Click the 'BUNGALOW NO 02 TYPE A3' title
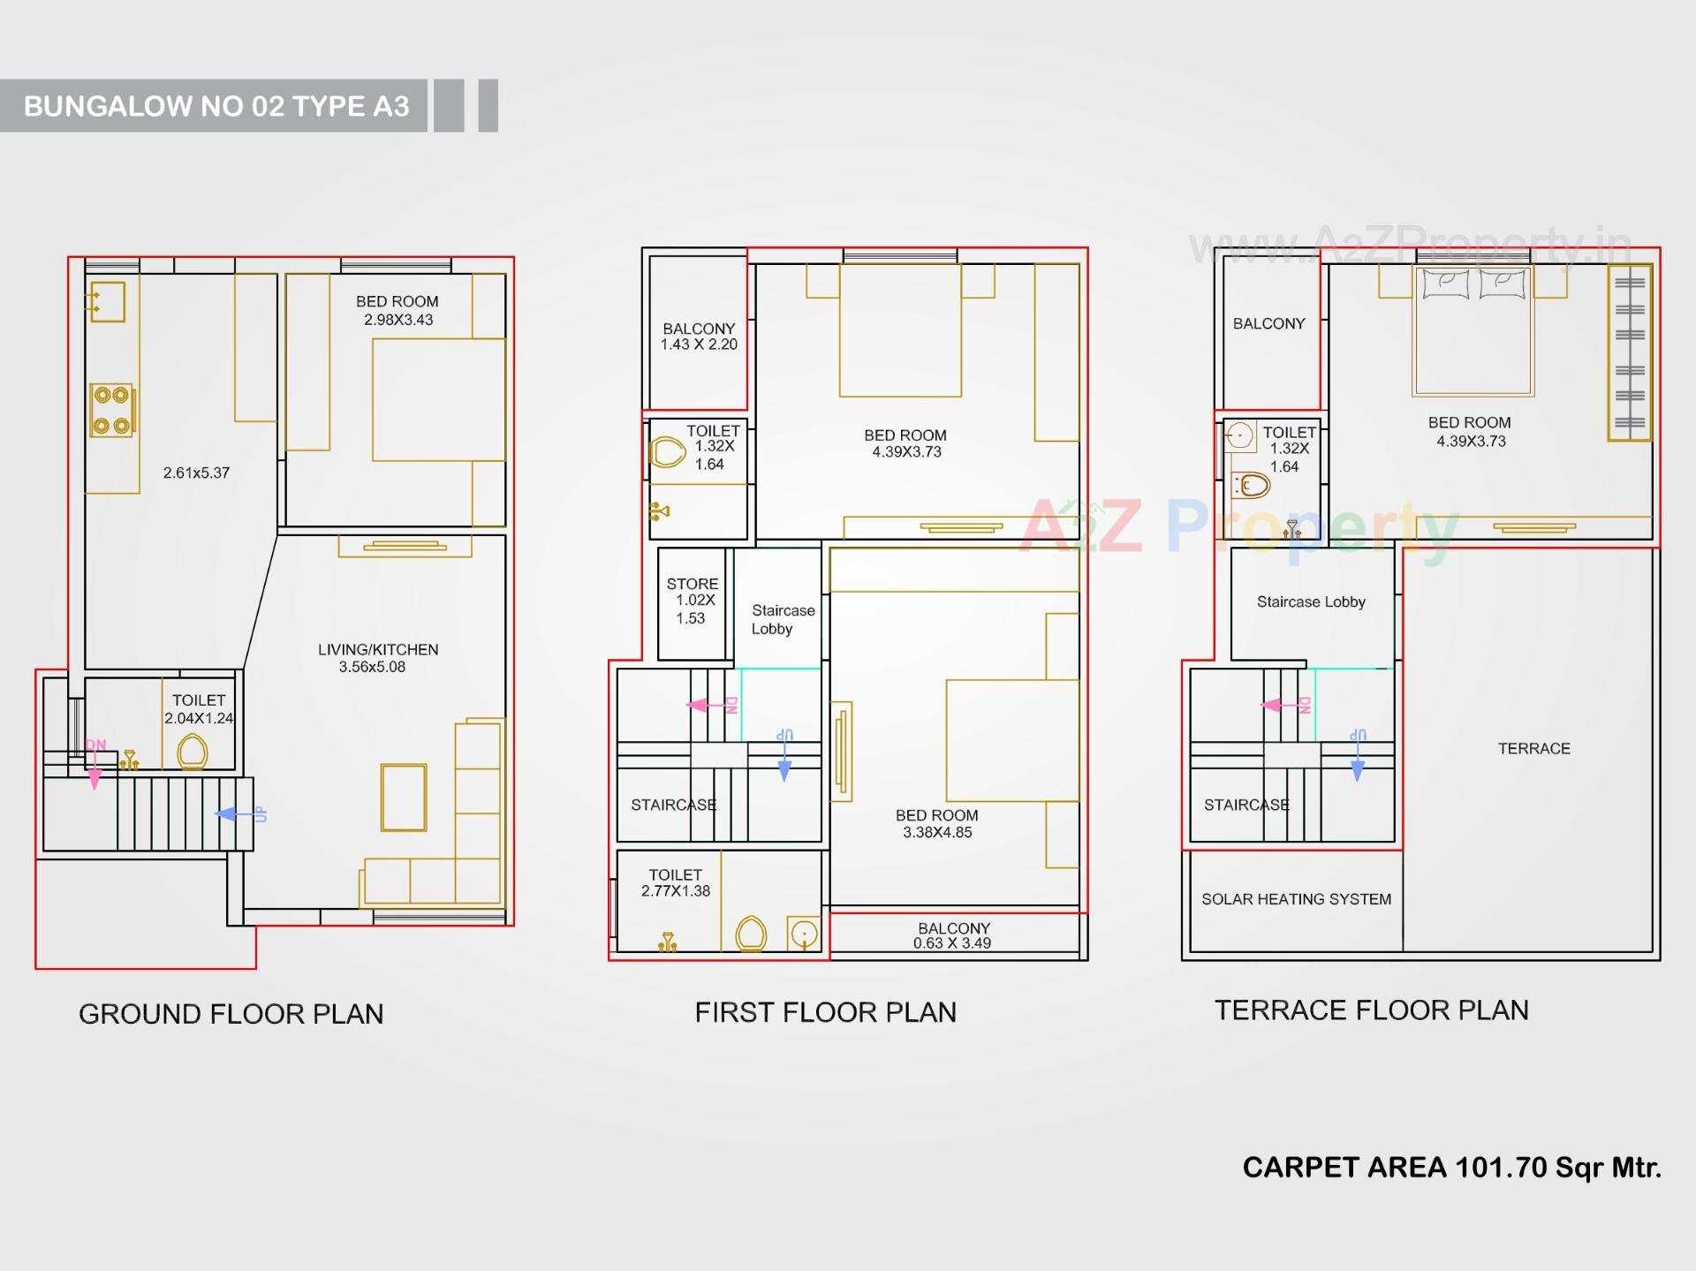216,106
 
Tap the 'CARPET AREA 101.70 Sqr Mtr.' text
1451,1167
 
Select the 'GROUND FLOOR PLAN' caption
231,1013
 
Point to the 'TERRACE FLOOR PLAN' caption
1371,1010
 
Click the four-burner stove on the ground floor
111,411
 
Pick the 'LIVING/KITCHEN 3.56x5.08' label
377,658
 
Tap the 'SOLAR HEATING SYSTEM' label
1296,899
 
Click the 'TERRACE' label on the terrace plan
1533,748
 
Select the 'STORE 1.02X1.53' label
692,601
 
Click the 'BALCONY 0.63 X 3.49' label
953,935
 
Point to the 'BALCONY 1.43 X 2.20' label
699,337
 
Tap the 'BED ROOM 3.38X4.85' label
936,823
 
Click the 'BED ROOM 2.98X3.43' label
397,310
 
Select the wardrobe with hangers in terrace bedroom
1629,353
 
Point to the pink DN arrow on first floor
707,705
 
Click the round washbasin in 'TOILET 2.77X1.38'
804,934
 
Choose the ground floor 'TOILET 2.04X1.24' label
199,709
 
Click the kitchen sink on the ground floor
108,302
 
